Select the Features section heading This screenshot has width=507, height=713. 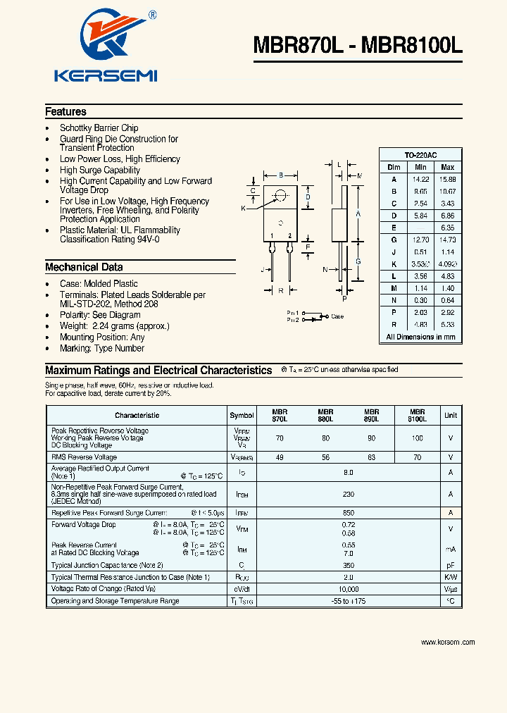[x=65, y=112]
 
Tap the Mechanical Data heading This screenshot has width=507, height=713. [x=84, y=268]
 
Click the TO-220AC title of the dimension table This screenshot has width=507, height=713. [x=420, y=155]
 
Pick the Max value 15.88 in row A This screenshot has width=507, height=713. [x=447, y=180]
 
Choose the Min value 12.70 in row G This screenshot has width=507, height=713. [x=420, y=240]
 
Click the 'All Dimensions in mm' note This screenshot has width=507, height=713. [x=420, y=337]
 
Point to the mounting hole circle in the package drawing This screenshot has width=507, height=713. [x=281, y=195]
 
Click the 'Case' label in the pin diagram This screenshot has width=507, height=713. [x=337, y=316]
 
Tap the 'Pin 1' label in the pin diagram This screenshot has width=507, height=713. [x=293, y=312]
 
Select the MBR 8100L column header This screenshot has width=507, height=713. [x=417, y=416]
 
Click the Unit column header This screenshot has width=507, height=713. [x=451, y=416]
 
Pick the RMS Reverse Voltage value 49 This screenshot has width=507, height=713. [x=280, y=457]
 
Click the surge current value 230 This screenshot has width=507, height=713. [x=348, y=495]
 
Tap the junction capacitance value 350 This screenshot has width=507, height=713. [x=348, y=566]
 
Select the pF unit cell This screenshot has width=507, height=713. [x=451, y=566]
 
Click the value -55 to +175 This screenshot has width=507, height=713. [x=348, y=601]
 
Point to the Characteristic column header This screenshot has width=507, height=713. [x=137, y=416]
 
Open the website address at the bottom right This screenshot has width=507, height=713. [x=448, y=642]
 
